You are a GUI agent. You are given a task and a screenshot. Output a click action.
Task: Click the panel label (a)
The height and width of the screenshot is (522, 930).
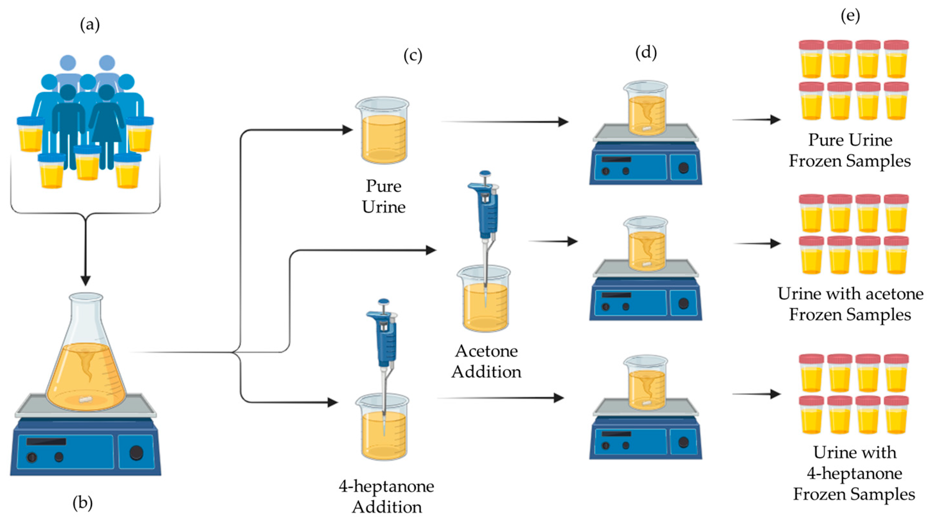click(90, 25)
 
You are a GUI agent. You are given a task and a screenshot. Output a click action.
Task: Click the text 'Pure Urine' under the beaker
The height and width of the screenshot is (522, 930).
click(384, 196)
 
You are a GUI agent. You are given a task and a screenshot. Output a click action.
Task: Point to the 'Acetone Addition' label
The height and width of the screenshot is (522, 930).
click(486, 361)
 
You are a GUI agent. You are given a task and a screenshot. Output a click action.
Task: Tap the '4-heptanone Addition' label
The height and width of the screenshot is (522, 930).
click(386, 496)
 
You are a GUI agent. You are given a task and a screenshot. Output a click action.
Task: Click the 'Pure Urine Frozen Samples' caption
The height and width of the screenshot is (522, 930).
click(850, 150)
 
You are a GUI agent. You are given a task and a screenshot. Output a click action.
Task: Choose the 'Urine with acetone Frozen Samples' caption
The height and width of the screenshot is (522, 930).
click(850, 304)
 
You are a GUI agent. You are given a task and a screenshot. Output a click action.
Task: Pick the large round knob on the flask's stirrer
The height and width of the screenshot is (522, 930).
click(136, 453)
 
